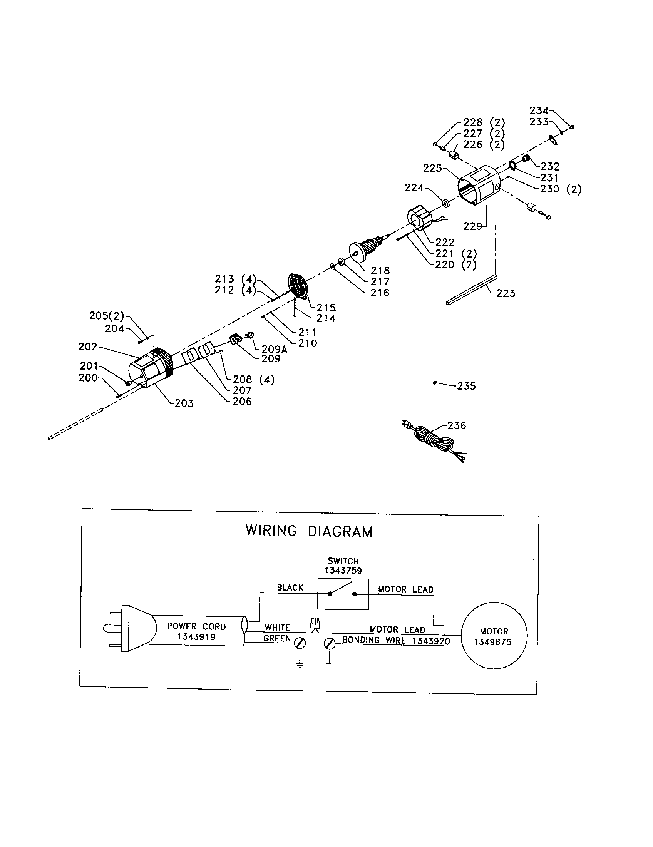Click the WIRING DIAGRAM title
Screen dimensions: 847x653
click(309, 531)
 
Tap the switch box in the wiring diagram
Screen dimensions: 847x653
click(343, 594)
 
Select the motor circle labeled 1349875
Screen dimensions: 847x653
click(494, 636)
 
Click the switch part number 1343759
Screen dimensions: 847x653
click(343, 571)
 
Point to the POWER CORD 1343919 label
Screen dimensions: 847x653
click(196, 631)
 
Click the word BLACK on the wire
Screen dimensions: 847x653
click(290, 588)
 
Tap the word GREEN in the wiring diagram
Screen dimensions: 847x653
click(277, 638)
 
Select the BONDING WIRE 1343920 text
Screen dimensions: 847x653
click(396, 641)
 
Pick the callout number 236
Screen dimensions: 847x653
click(456, 425)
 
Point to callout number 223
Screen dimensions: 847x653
click(506, 293)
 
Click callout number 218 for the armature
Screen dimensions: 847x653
click(380, 270)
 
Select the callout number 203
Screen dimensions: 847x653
click(184, 403)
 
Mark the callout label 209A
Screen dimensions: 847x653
click(274, 350)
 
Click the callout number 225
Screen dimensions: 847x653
click(432, 168)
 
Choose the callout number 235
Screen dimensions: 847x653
click(466, 386)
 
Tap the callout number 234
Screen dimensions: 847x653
click(539, 110)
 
